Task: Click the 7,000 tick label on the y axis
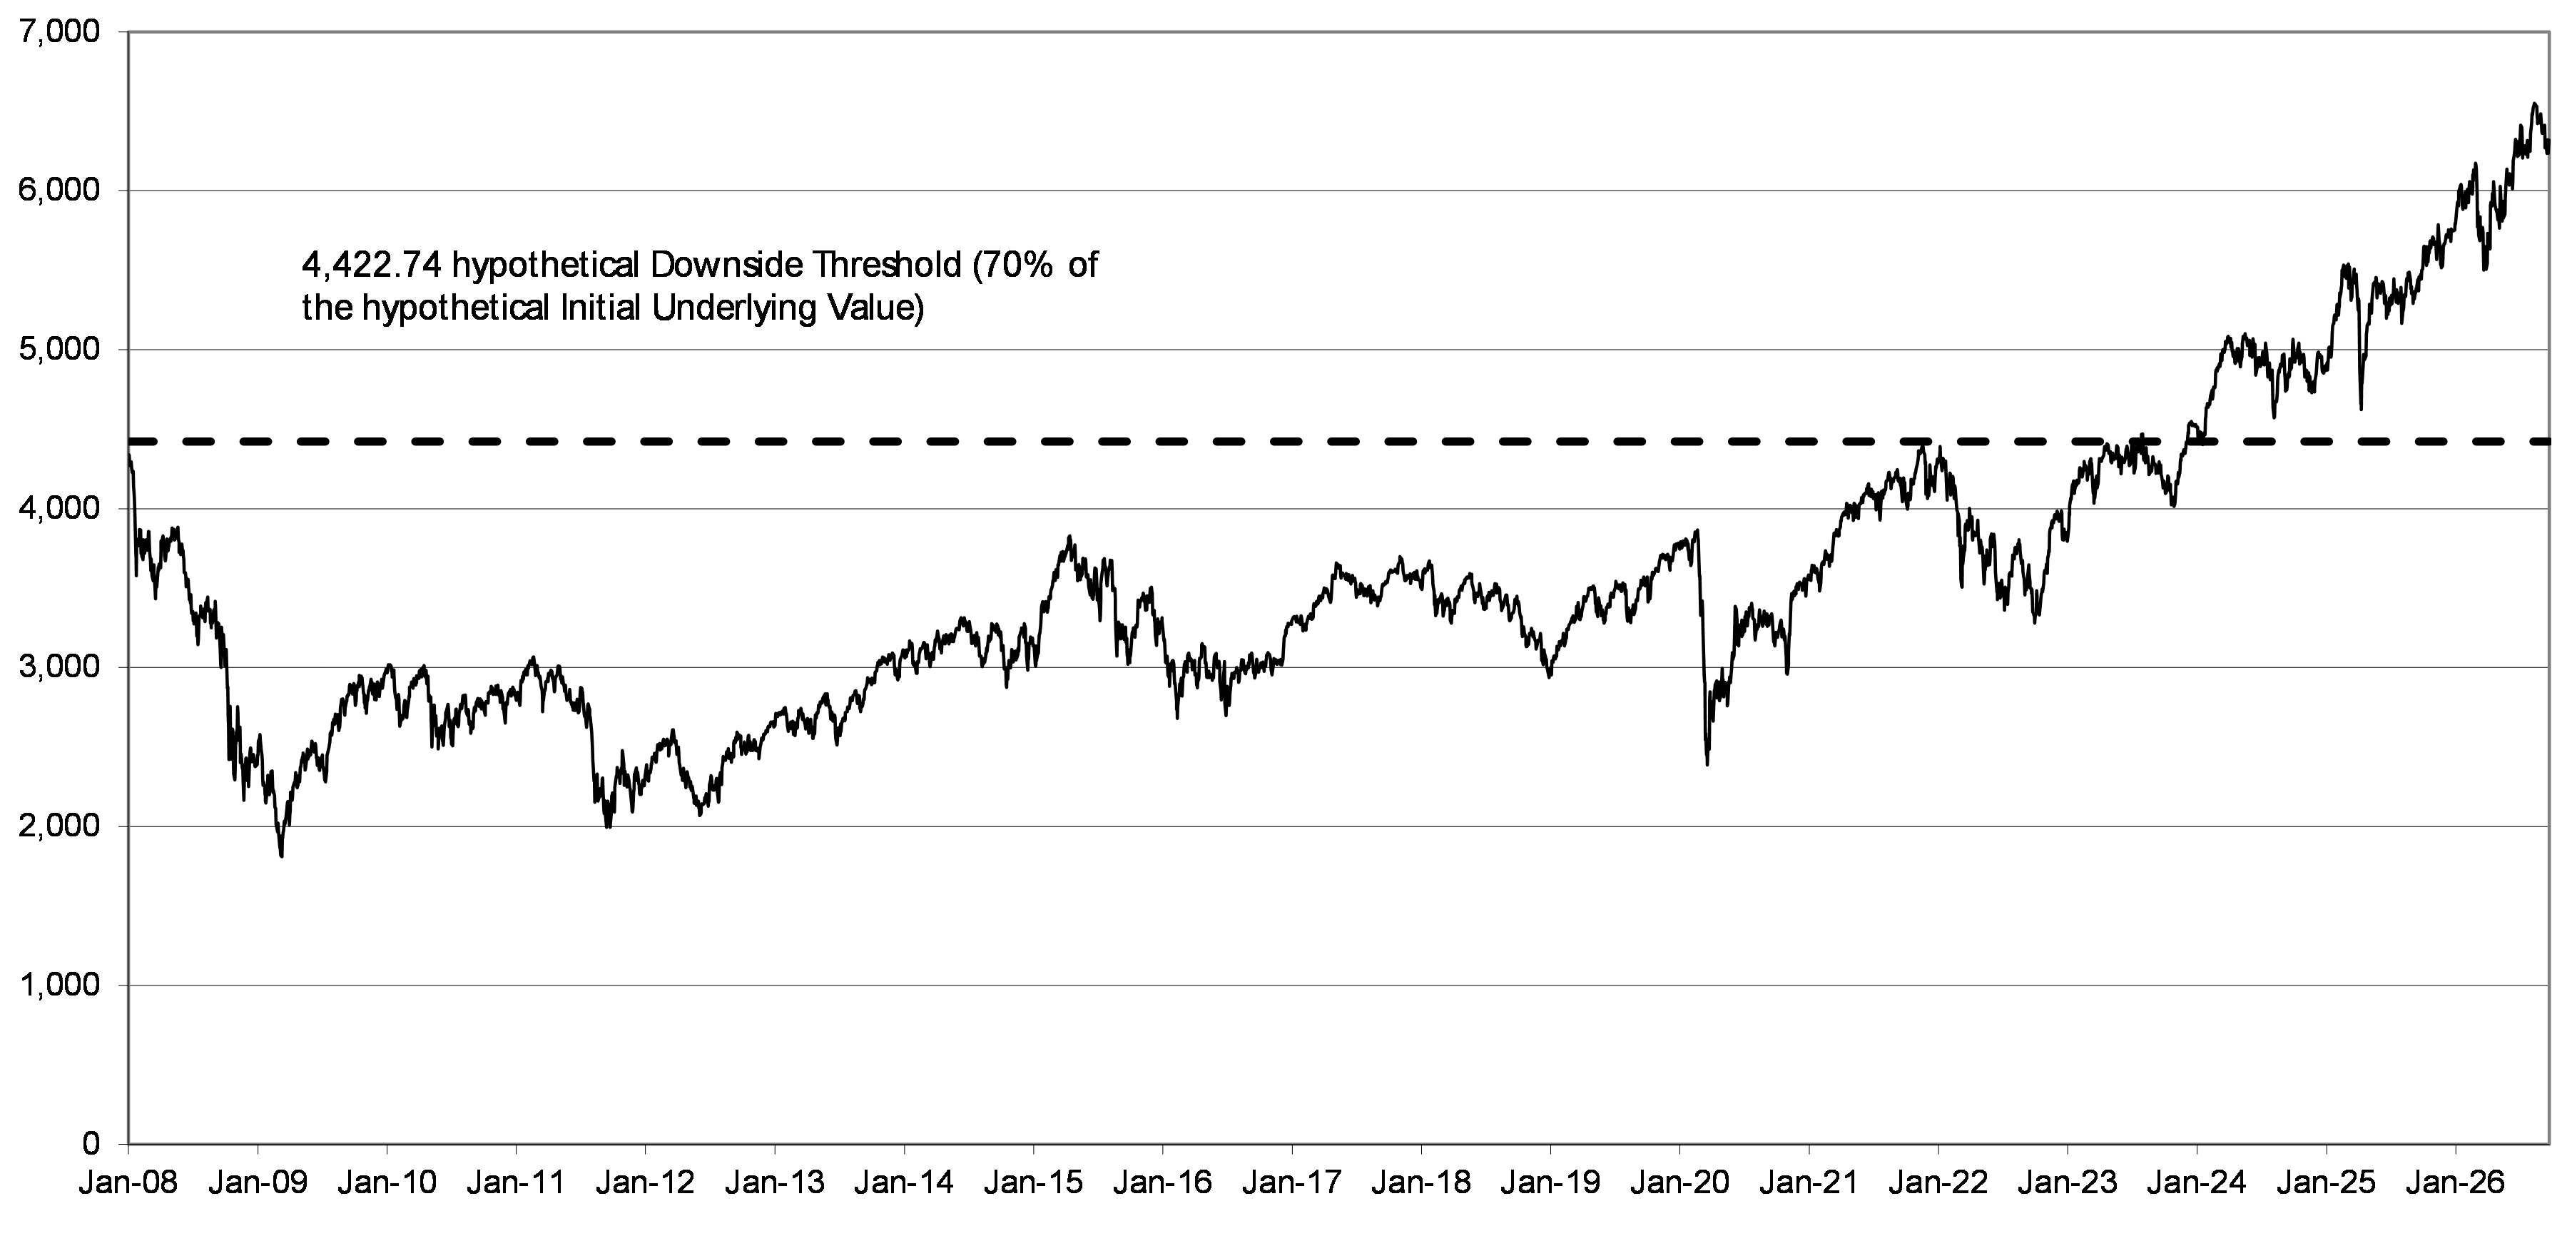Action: point(60,32)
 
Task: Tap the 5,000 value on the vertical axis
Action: point(60,350)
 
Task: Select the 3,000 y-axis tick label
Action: point(60,667)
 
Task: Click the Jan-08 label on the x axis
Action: point(129,1184)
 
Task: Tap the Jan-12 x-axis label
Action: point(645,1184)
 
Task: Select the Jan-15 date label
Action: point(1032,1184)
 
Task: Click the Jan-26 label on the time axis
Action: point(2454,1184)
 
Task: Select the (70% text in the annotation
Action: point(1010,265)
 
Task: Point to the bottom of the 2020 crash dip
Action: point(1707,765)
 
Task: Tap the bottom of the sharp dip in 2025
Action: point(2360,408)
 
